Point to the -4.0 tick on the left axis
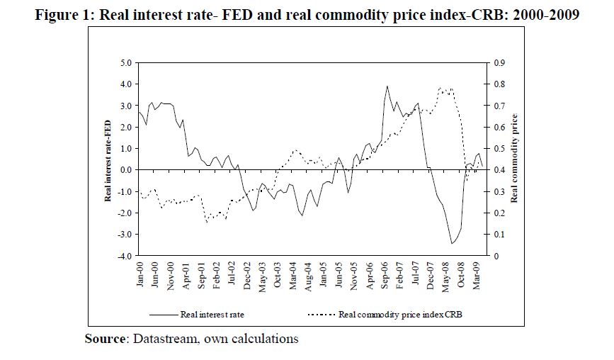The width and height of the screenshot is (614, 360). pyautogui.click(x=126, y=256)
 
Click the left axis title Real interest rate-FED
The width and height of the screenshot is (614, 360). pyautogui.click(x=109, y=159)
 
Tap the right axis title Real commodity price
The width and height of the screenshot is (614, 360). pyautogui.click(x=516, y=159)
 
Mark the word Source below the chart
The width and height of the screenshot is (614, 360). pyautogui.click(x=106, y=339)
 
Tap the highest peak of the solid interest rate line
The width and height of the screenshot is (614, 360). pyautogui.click(x=387, y=86)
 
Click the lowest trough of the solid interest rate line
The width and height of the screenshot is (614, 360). pyautogui.click(x=451, y=244)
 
